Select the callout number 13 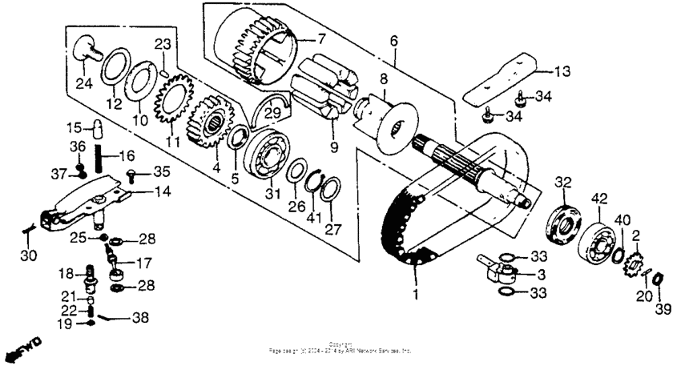pos(563,70)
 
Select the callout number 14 pos(163,191)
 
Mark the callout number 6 pos(394,38)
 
